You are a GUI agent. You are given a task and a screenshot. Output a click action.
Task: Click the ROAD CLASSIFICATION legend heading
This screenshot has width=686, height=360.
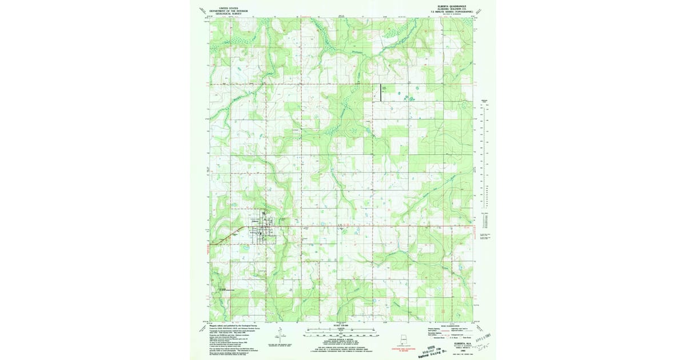446,326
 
